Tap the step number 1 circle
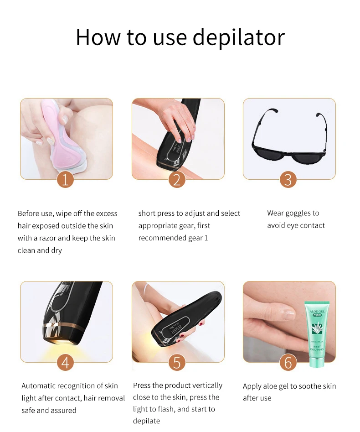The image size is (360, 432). pos(65,179)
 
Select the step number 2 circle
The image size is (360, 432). pos(177,179)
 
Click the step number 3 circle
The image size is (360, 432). pos(288,179)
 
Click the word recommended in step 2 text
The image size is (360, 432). pos(159,238)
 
